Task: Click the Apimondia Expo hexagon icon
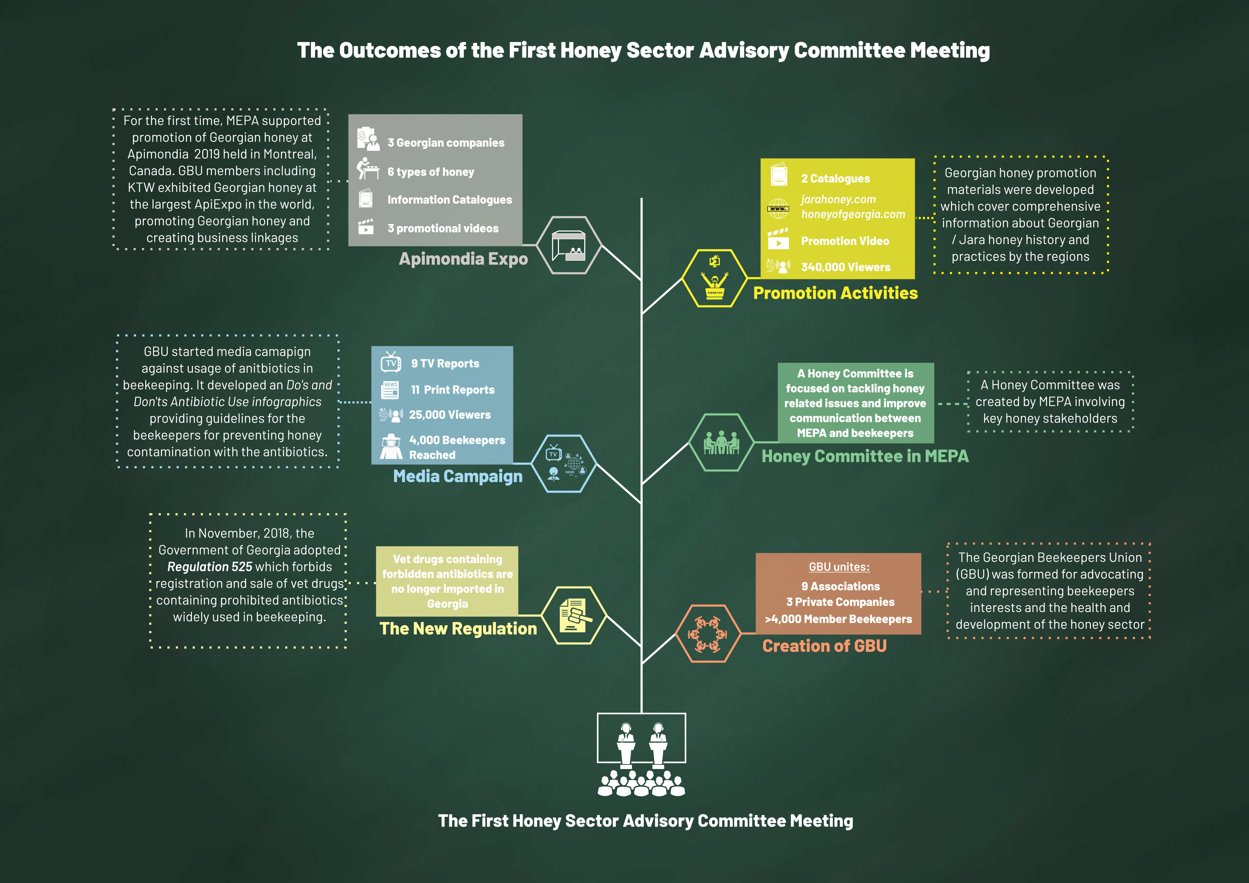(569, 245)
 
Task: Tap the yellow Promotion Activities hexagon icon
(714, 278)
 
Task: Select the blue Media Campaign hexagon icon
(564, 464)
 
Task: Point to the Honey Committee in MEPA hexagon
(721, 442)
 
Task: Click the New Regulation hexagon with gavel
(574, 615)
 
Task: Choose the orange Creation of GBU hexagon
(708, 634)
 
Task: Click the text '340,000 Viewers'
(845, 267)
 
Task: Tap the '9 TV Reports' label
(445, 364)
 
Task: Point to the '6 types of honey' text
(430, 172)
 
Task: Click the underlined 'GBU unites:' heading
(839, 567)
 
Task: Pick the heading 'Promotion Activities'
(835, 293)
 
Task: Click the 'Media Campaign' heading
(458, 477)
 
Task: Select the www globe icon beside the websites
(778, 208)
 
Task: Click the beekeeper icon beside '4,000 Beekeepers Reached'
(391, 447)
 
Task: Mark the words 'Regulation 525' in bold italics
(209, 567)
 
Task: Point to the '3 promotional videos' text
(443, 229)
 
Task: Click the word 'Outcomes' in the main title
(390, 51)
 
